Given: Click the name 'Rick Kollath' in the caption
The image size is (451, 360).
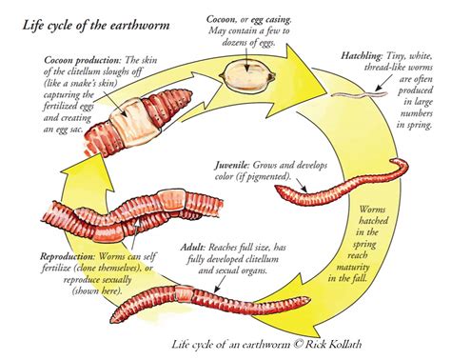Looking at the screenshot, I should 343,345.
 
